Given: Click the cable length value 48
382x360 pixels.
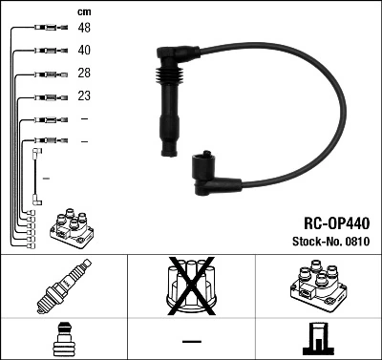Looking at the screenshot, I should pos(84,29).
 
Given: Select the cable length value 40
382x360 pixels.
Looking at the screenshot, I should pos(84,51).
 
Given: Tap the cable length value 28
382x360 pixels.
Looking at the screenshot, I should pos(84,74).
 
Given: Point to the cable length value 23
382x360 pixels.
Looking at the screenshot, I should pos(84,96).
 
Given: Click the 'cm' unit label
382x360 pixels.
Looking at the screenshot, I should pos(83,11).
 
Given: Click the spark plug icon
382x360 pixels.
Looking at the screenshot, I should pos(63,286).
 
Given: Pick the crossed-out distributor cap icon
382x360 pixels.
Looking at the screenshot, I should pos(190,286).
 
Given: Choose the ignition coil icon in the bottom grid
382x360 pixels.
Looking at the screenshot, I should pos(318,286).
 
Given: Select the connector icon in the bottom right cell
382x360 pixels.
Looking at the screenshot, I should pos(318,338).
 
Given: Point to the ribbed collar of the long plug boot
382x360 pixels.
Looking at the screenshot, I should pos(166,76).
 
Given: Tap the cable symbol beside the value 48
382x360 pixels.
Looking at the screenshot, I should pos(45,29).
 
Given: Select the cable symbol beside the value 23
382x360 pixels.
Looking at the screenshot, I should pos(45,96).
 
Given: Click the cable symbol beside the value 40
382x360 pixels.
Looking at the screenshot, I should pos(45,51).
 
